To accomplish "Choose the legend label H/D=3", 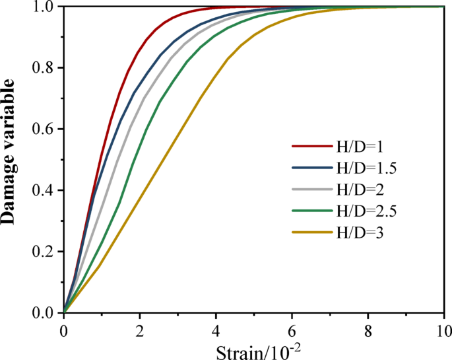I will click(x=358, y=233).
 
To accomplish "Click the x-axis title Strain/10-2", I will click(x=253, y=348).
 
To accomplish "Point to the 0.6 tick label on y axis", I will click(x=43, y=129).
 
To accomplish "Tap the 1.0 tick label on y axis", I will click(x=43, y=7).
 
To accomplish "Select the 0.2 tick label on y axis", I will click(x=43, y=252).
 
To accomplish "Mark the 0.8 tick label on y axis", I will click(x=43, y=67).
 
